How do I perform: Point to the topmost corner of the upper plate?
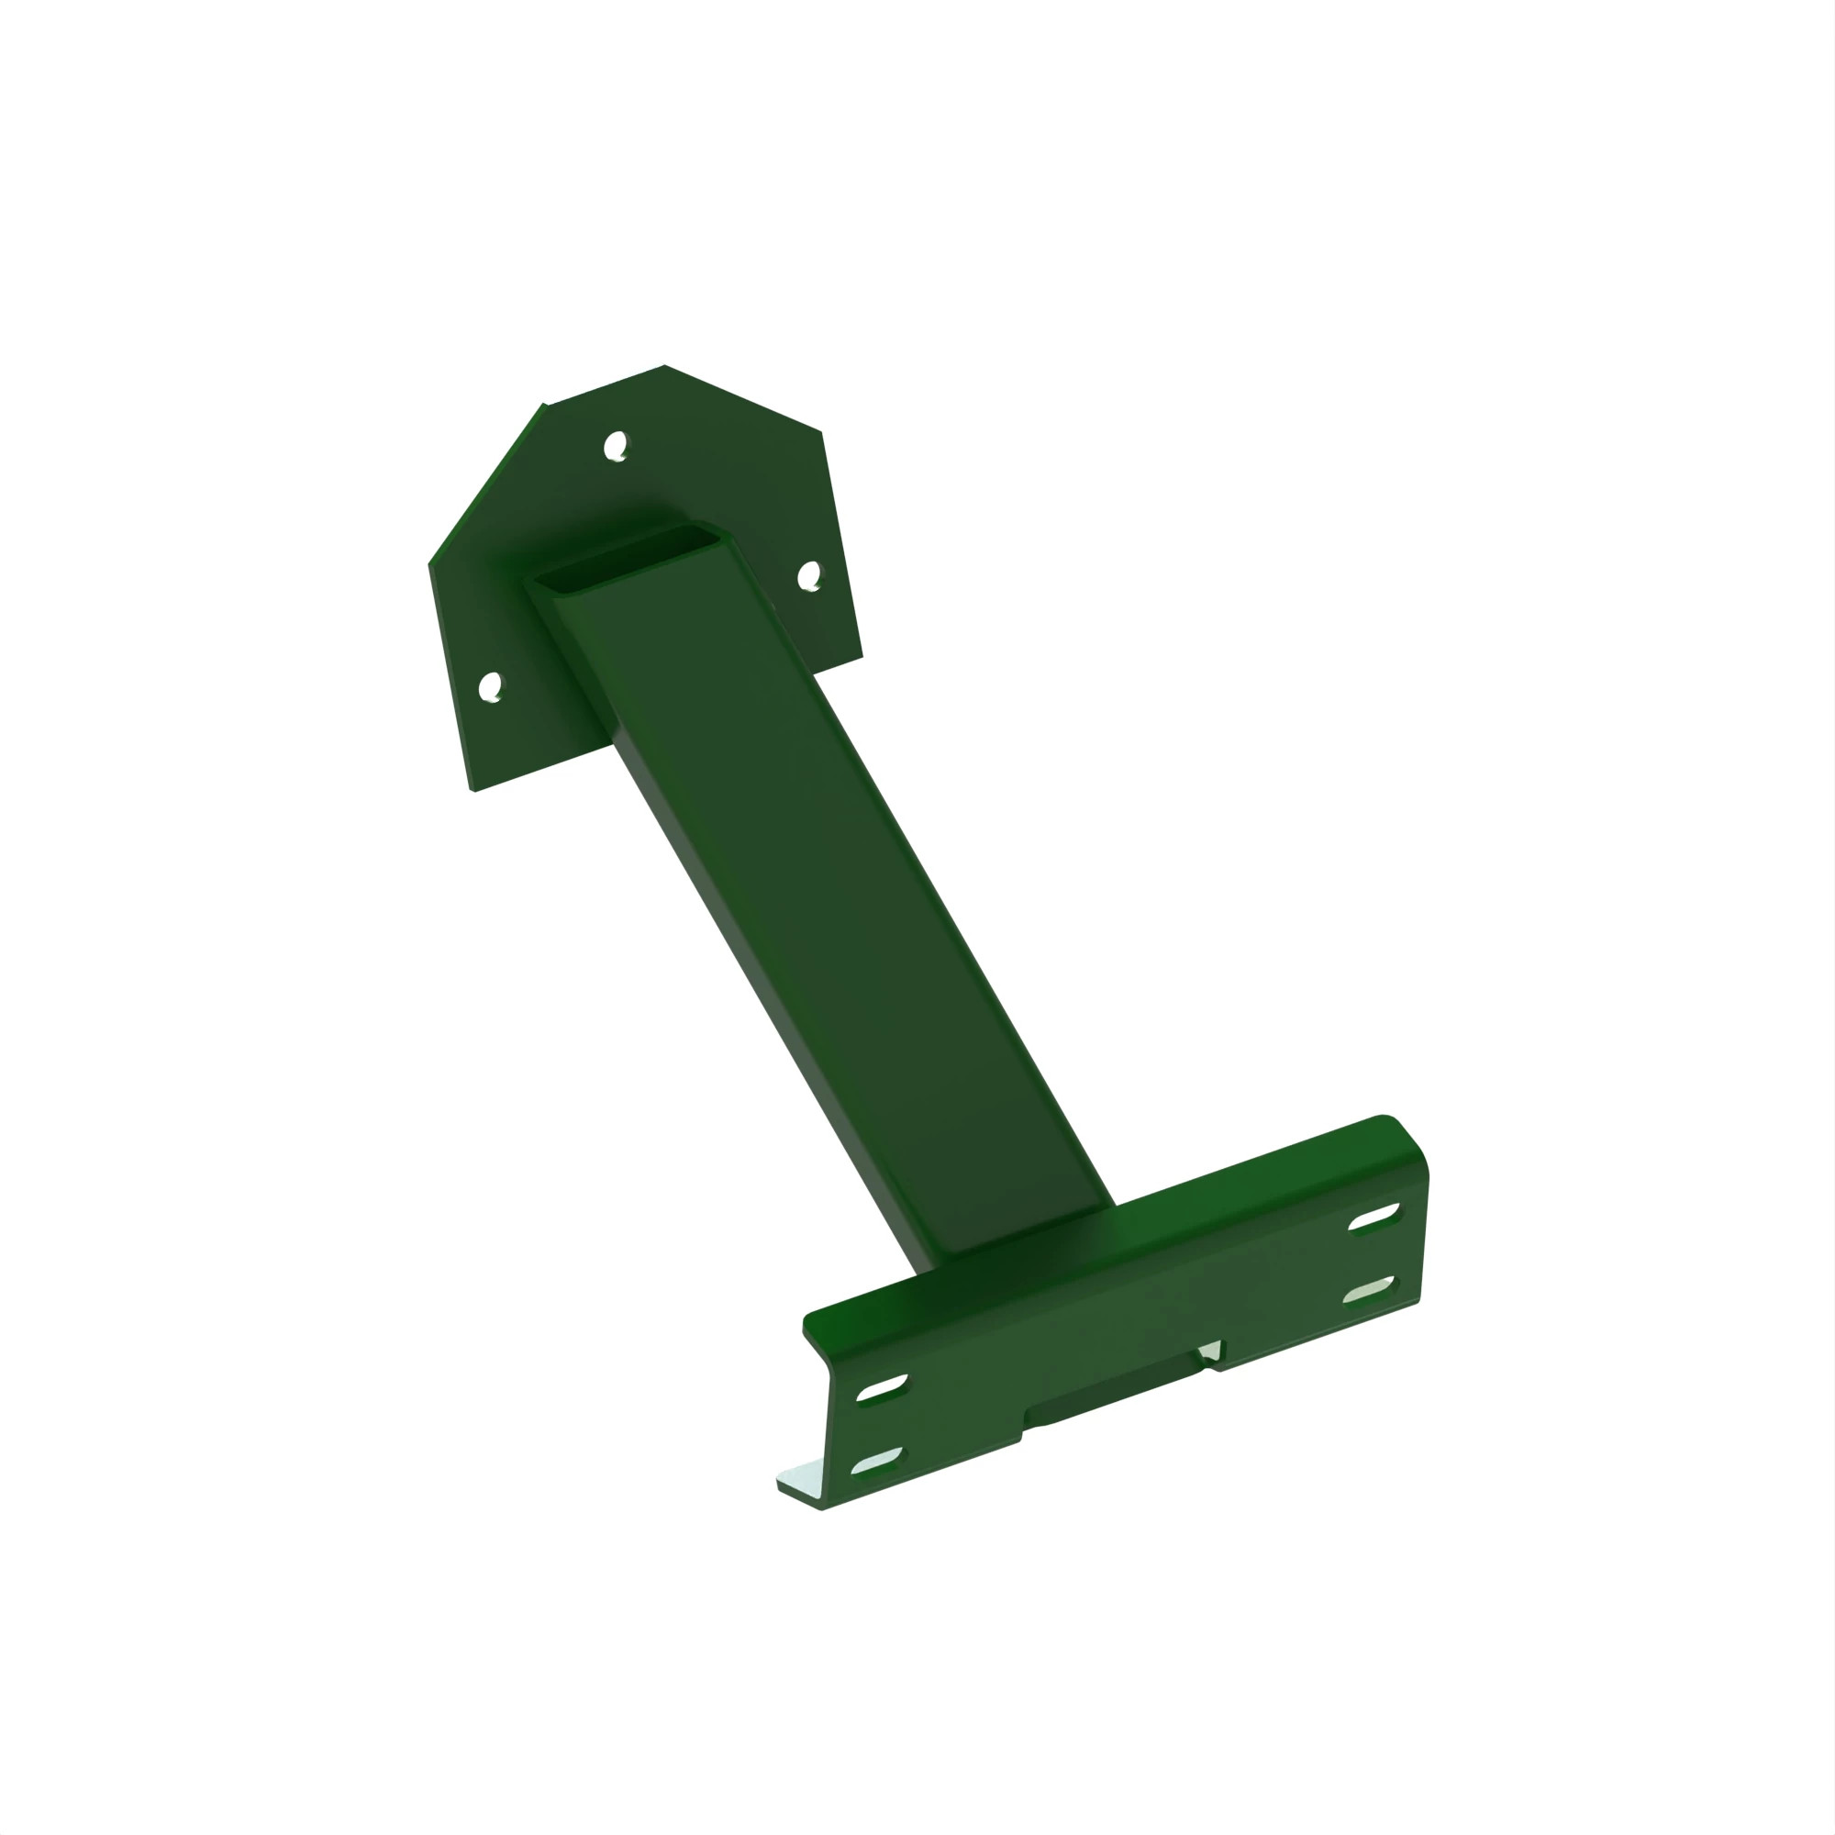pos(664,366)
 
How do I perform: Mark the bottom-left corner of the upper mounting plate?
pos(473,790)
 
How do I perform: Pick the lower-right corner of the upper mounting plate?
pos(862,655)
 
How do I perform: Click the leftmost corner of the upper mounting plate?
pos(430,564)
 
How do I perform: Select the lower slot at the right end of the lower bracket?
pos(1370,1291)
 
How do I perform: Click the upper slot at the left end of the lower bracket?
pos(883,1387)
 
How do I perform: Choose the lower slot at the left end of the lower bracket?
pos(878,1462)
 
